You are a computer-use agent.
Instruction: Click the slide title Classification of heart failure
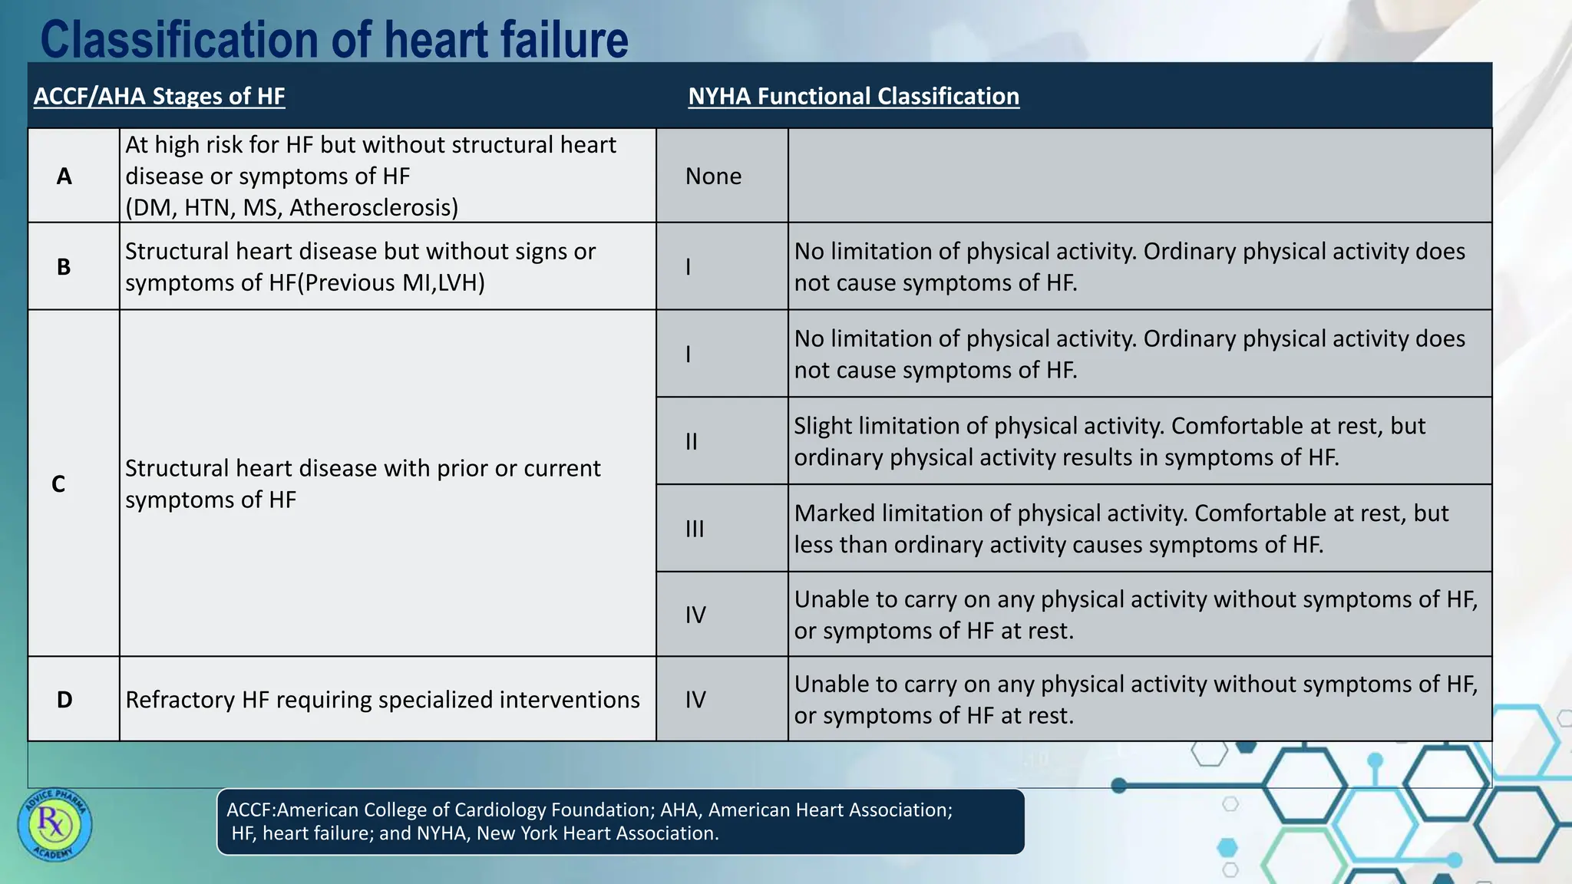(334, 40)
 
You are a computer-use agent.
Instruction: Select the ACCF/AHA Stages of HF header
(159, 96)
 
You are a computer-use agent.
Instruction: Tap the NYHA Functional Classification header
(853, 96)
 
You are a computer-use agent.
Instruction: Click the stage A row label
(64, 176)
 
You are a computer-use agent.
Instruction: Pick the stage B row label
(64, 267)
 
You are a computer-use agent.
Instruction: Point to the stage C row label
(58, 484)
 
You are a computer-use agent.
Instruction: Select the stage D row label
(64, 700)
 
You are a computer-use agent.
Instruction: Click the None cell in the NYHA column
(713, 176)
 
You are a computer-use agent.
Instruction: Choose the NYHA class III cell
(694, 529)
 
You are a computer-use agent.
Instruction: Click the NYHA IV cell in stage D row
(695, 700)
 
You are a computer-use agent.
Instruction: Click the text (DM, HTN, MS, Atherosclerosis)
(292, 208)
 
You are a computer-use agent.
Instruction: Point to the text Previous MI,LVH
(391, 283)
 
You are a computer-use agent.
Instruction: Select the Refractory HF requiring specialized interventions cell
(382, 700)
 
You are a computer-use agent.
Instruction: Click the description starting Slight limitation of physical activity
(1109, 441)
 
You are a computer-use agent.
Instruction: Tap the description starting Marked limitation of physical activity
(1121, 529)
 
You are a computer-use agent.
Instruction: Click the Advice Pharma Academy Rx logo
(54, 825)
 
